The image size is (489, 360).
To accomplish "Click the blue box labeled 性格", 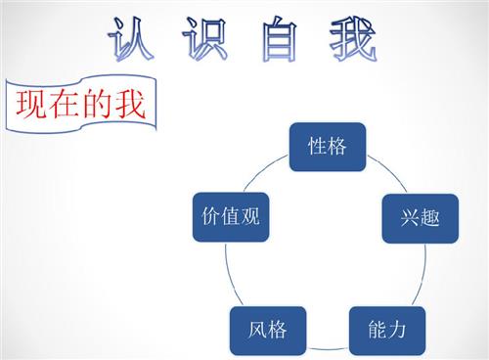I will (x=327, y=147).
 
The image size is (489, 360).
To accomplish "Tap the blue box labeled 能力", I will (x=386, y=330).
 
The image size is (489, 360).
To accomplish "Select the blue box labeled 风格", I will (x=267, y=330).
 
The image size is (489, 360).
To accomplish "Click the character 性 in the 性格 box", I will (x=316, y=147).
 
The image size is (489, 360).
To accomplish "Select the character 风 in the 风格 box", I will (x=256, y=330).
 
